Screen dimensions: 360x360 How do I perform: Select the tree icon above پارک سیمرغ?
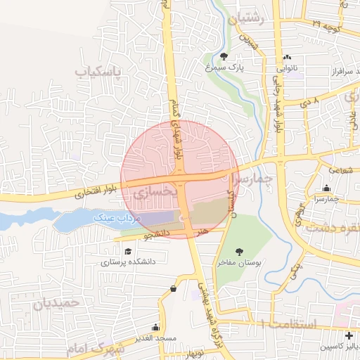tap(224, 56)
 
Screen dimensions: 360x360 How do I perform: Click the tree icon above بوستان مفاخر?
tap(239, 250)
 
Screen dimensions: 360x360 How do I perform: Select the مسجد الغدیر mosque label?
tap(155, 340)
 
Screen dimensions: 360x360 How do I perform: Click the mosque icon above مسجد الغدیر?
tap(155, 328)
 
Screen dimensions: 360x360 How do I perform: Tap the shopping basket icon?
tap(173, 288)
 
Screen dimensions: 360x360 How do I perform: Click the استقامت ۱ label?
tap(288, 324)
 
